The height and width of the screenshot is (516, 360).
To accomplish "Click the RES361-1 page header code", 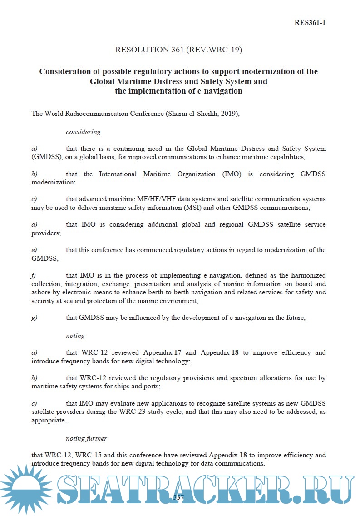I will pyautogui.click(x=310, y=22).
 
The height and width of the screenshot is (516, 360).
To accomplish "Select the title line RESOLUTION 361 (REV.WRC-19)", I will pyautogui.click(x=178, y=50).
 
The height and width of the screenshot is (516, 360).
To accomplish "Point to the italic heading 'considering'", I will pyautogui.click(x=83, y=132).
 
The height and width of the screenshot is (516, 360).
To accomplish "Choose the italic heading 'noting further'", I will pyautogui.click(x=86, y=439).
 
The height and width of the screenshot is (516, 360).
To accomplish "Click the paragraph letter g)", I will pyautogui.click(x=34, y=318).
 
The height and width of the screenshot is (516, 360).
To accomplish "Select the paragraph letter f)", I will pyautogui.click(x=34, y=276).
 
